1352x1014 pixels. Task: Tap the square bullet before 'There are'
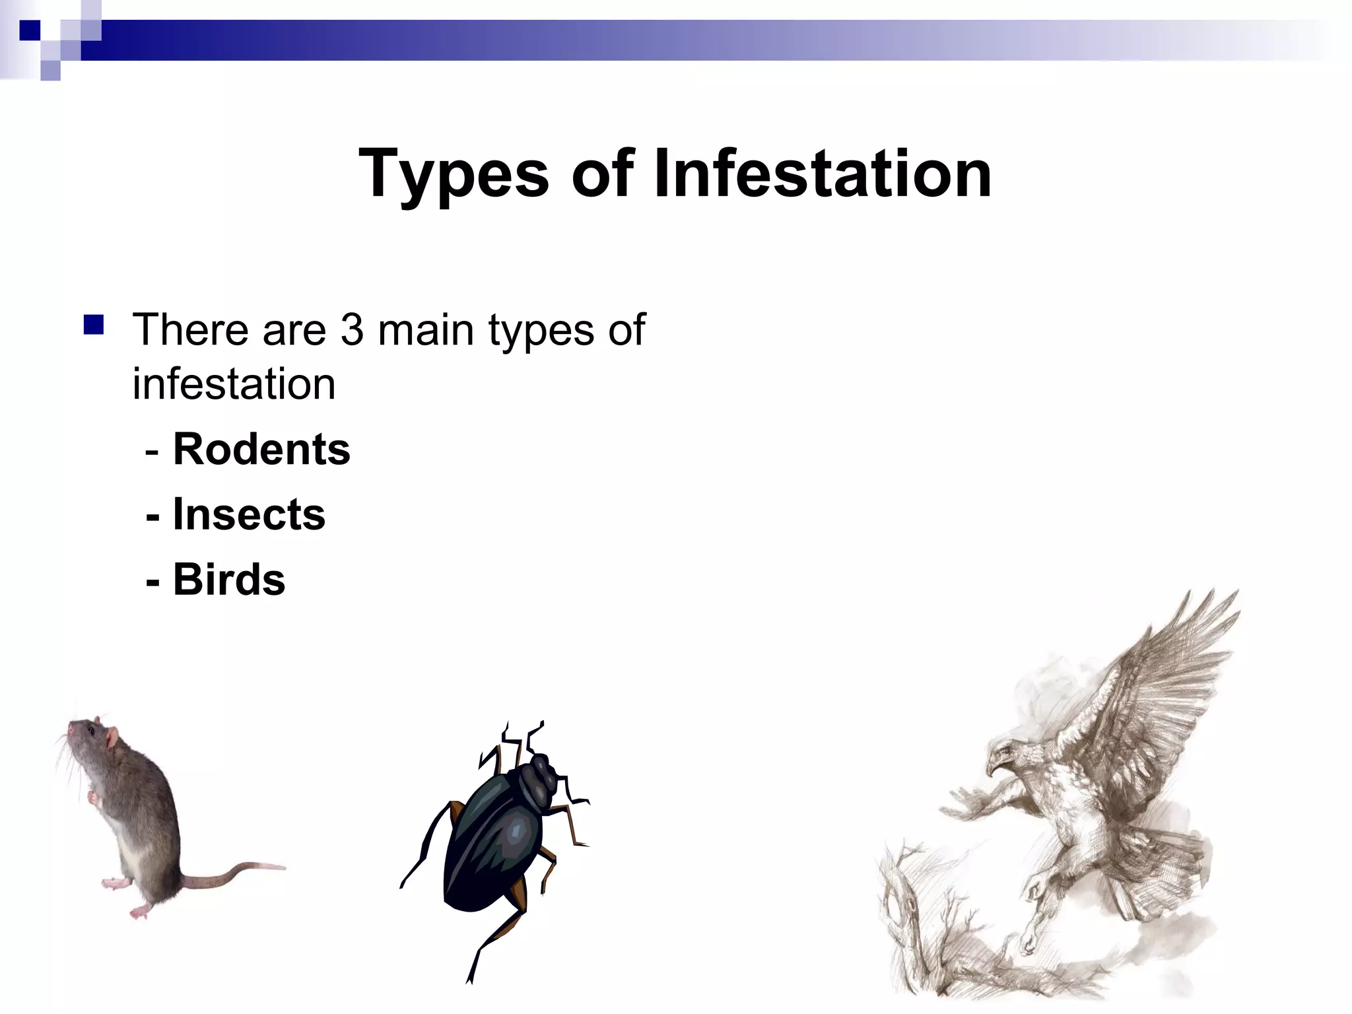tap(94, 325)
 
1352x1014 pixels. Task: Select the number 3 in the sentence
tap(352, 329)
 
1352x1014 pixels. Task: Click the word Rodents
tap(261, 450)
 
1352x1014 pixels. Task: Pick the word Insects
tap(249, 514)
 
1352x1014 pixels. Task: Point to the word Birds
tap(229, 580)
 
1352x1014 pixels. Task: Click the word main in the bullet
tap(426, 329)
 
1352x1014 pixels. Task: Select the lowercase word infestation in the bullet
tap(234, 384)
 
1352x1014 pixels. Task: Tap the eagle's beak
tap(993, 766)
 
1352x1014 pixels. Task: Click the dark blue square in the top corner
tap(30, 30)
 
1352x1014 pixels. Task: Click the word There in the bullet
tap(191, 329)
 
